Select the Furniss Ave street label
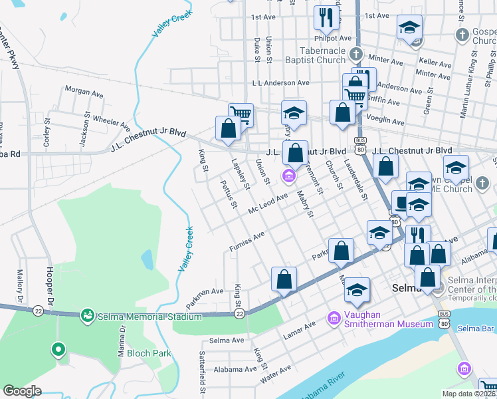coord(247,241)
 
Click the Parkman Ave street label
coord(205,297)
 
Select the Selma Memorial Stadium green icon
coord(86,314)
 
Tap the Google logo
coord(23,391)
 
